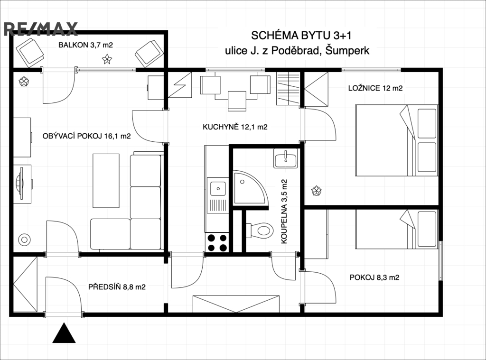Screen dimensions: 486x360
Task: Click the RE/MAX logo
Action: coord(40,29)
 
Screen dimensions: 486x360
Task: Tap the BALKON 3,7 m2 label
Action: coord(85,45)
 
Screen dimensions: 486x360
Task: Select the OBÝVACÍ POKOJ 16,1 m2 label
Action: coord(86,136)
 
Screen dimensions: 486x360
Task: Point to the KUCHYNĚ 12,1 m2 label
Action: coord(235,127)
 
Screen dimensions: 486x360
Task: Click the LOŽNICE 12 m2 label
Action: coord(375,88)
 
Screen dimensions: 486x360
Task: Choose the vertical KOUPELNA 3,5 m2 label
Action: coord(284,212)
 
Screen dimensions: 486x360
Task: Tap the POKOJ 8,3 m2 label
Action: coord(374,277)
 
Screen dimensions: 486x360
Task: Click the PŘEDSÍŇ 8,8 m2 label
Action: coord(117,287)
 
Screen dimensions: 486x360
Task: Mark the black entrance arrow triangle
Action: coord(64,333)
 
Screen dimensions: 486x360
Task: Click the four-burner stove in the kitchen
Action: coord(217,242)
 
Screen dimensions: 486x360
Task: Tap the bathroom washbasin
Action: coord(285,158)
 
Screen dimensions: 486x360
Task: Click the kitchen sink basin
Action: coord(218,189)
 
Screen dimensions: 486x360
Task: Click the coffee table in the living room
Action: coord(106,181)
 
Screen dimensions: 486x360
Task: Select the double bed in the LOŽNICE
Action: coord(396,140)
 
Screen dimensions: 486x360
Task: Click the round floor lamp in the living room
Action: coord(25,240)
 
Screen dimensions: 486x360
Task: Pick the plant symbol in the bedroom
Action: coord(316,191)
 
